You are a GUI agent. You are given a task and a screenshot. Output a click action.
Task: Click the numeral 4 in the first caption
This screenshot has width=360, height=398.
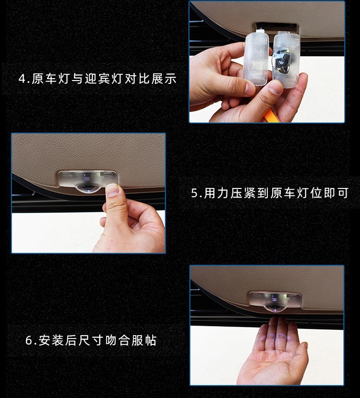(x=23, y=79)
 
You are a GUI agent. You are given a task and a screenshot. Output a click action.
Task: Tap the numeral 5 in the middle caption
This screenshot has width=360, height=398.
(x=194, y=193)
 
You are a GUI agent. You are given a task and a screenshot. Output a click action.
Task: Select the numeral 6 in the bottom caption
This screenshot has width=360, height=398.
(x=29, y=340)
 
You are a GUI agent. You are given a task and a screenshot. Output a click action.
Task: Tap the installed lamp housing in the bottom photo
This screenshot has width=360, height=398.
(x=275, y=300)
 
